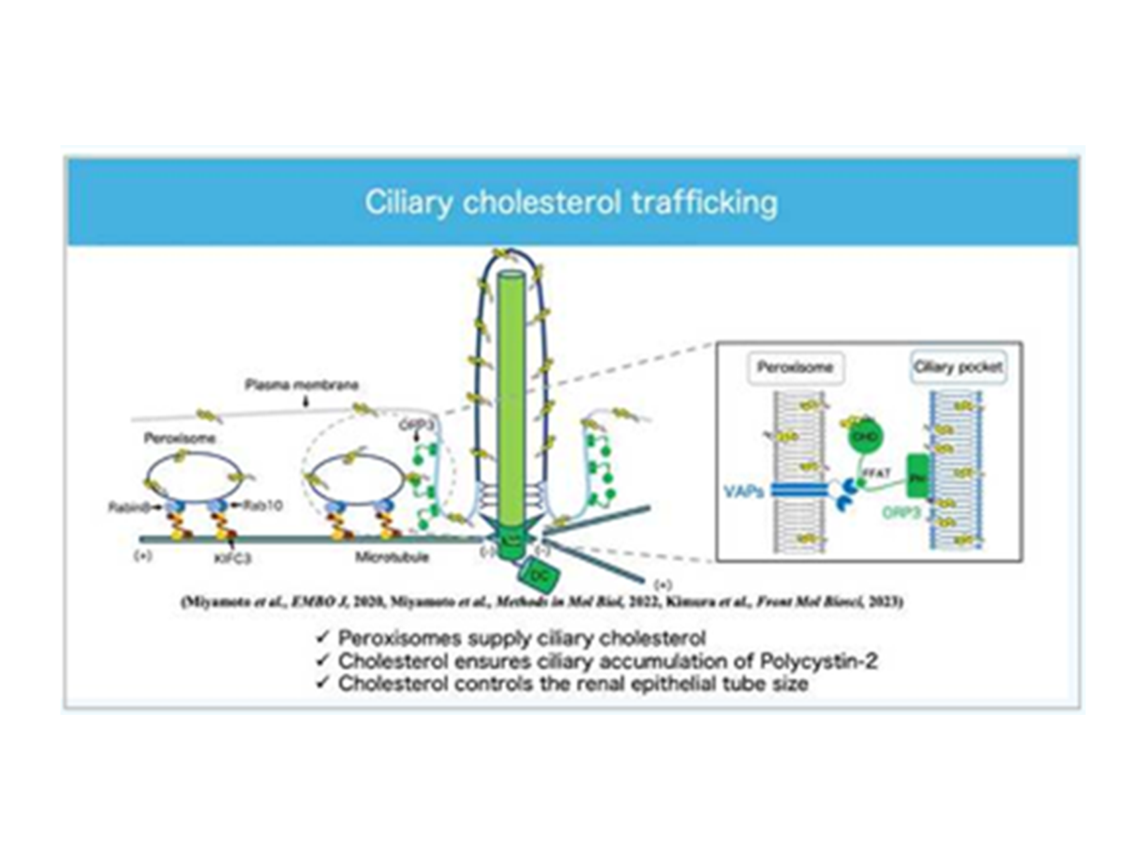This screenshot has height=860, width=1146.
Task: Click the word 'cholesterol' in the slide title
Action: point(541,202)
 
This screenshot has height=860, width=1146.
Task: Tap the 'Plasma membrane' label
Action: point(301,385)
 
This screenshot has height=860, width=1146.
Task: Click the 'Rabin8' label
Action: point(130,507)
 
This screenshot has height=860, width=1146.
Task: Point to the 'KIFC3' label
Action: point(232,558)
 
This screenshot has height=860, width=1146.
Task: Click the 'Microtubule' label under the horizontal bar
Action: point(392,557)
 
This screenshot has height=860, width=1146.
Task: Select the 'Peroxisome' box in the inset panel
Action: point(796,368)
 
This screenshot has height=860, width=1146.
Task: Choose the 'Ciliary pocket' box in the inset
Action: point(958,367)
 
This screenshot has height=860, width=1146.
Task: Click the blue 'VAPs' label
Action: point(744,492)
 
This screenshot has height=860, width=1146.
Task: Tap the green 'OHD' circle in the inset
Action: point(864,437)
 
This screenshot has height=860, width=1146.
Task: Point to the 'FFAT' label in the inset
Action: point(876,474)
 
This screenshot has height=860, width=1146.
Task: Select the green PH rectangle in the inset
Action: point(918,476)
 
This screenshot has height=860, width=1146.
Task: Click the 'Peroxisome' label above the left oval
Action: point(179,439)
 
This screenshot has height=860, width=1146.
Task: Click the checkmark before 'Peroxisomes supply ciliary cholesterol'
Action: point(323,637)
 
